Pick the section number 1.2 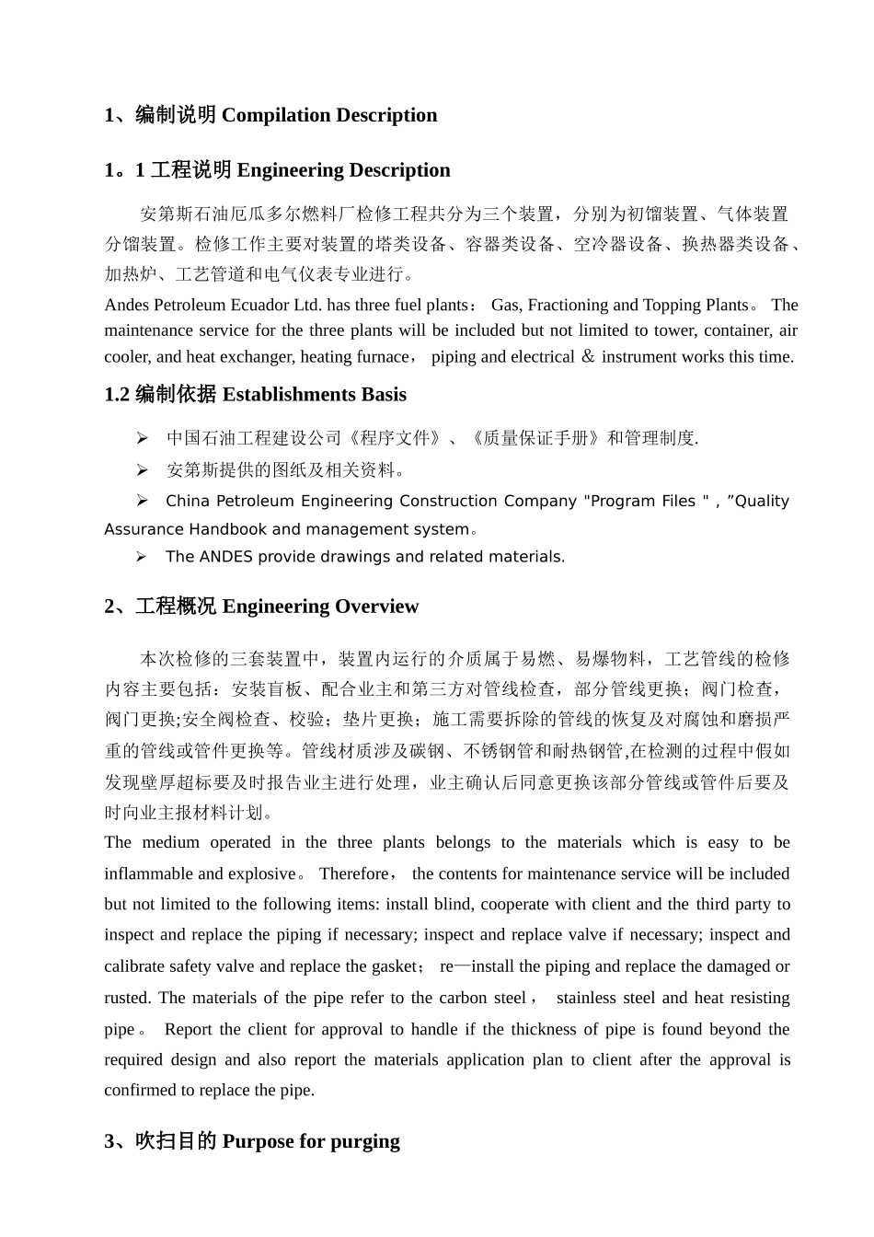tap(117, 395)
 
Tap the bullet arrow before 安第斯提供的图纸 tap(143, 470)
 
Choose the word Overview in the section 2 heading tap(376, 607)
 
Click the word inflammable tap(148, 873)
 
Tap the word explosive tap(260, 873)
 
